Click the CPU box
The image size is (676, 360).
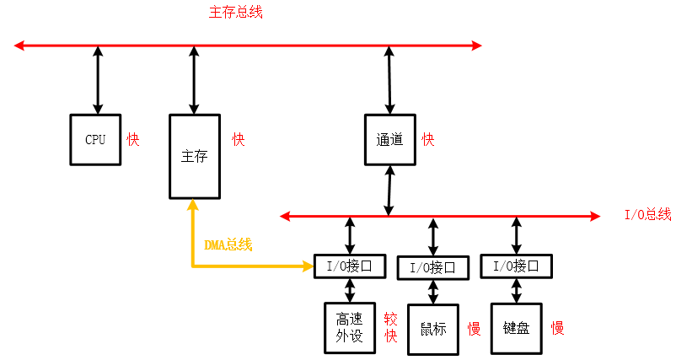[95, 139]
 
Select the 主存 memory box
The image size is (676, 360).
[194, 156]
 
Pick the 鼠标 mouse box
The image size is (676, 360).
[432, 328]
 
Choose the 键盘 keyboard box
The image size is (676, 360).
[516, 328]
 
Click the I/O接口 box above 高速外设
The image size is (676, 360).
[349, 266]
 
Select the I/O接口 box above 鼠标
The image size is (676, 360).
[432, 267]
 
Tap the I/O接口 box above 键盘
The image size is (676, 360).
[516, 266]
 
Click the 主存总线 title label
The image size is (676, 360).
[235, 13]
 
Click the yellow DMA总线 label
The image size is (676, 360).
[228, 244]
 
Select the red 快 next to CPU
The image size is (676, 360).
[133, 139]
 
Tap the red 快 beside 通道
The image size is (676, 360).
[428, 139]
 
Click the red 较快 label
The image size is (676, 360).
[391, 327]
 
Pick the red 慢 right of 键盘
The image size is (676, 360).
[557, 328]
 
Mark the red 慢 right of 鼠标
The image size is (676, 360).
[475, 328]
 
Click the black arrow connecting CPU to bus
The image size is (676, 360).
[98, 80]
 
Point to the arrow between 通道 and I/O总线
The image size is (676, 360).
[389, 190]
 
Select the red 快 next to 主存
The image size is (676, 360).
[239, 139]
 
